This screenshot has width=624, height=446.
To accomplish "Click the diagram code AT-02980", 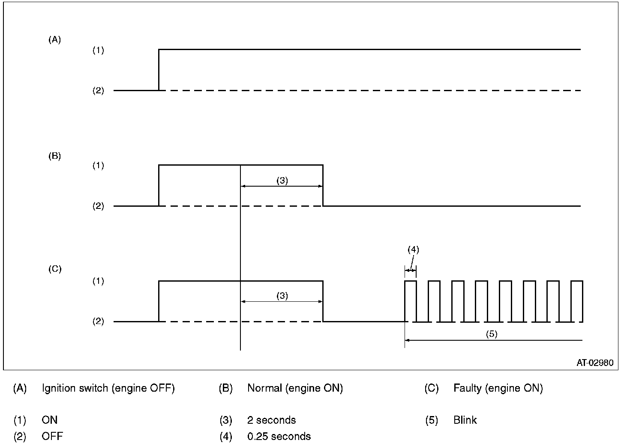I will (x=594, y=363).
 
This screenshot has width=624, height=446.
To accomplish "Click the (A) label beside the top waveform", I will (x=55, y=40).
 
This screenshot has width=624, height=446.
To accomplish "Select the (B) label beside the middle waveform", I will (x=55, y=156).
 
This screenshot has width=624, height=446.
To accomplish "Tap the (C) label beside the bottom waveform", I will (x=55, y=269).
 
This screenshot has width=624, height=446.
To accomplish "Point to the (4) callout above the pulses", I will (x=413, y=250).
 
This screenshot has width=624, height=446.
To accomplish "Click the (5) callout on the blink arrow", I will (x=492, y=334).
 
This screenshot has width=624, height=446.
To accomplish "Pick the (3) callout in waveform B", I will (x=282, y=180).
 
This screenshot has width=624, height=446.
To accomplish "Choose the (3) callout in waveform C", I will (x=282, y=296).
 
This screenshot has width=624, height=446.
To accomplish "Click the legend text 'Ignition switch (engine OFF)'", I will (x=108, y=389).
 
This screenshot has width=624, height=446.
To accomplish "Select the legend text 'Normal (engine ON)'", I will (x=295, y=389).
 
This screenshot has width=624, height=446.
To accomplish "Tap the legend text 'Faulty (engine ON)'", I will (x=498, y=389).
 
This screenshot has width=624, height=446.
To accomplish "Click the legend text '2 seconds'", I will (x=271, y=420).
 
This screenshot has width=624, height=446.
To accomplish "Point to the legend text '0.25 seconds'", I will (x=279, y=437).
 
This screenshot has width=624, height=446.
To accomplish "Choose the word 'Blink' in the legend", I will (x=465, y=420).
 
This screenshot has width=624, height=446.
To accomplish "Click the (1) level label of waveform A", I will (x=98, y=51).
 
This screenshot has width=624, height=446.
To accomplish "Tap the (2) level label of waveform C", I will (x=98, y=321).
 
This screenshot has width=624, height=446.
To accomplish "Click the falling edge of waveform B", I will (x=323, y=185).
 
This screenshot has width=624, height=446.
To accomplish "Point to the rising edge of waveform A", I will (x=159, y=70).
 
